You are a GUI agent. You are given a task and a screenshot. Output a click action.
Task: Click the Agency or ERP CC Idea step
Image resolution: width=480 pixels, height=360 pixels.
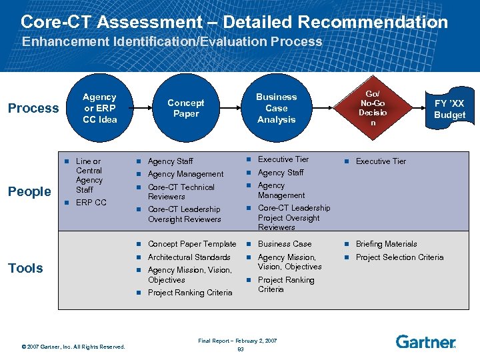tap(99, 108)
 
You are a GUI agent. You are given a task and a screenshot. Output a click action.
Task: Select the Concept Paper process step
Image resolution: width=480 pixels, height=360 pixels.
tap(185, 108)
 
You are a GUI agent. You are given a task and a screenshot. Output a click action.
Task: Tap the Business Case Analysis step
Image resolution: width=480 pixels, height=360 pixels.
tap(276, 108)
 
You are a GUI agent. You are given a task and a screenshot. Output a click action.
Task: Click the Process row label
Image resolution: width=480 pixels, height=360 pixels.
tap(33, 108)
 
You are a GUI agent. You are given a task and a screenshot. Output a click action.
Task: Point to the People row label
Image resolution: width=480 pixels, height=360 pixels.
tap(29, 191)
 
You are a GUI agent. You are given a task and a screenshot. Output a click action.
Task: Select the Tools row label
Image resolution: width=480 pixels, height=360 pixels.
tap(25, 268)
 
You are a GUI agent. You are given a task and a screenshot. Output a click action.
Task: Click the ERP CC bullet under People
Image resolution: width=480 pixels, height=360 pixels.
tap(91, 203)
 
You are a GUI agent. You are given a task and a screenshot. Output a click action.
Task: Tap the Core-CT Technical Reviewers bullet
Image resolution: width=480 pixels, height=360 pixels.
tap(181, 192)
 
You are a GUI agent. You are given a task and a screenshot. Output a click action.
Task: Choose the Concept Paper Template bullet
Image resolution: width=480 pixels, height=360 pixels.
tap(191, 244)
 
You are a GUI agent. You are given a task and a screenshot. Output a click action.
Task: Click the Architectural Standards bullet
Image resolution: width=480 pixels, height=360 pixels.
tap(189, 257)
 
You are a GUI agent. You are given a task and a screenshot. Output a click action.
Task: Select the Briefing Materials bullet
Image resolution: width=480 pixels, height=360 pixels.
tap(386, 244)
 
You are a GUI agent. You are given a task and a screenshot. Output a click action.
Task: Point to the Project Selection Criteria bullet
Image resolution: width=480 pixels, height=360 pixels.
tap(399, 257)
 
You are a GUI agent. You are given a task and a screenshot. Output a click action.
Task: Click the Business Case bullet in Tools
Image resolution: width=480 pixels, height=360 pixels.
tap(284, 244)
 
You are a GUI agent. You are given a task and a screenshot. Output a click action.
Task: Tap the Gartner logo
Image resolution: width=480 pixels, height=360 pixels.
tap(425, 342)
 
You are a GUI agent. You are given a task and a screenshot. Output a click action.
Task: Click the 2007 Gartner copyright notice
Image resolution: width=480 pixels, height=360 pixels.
tap(73, 346)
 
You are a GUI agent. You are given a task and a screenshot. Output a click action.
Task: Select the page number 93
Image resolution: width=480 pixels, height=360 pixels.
tap(240, 349)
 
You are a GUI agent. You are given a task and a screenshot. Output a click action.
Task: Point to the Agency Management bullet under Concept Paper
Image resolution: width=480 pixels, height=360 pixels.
tap(185, 174)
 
